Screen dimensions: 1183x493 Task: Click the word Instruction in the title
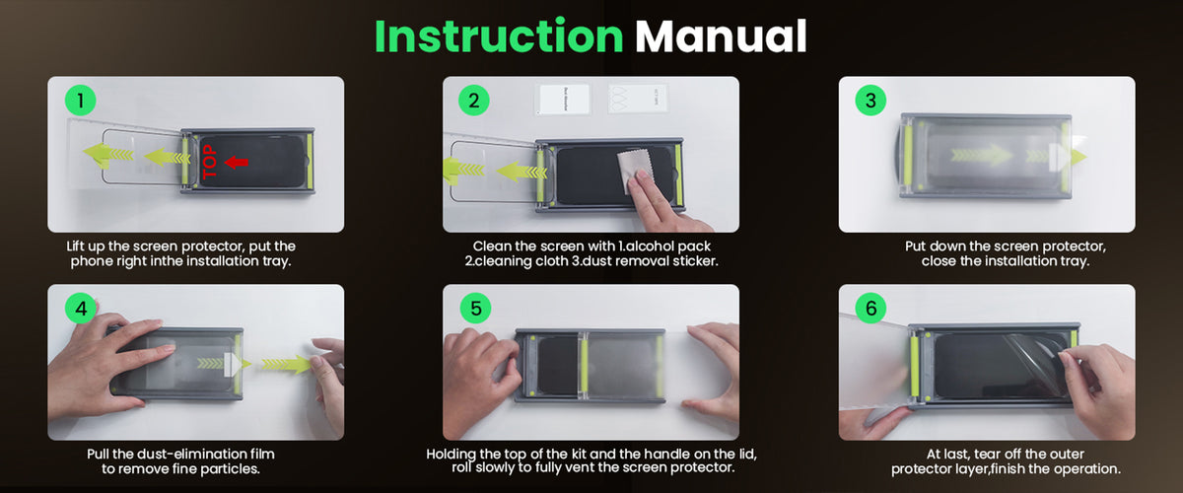point(499,35)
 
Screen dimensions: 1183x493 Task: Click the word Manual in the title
point(721,35)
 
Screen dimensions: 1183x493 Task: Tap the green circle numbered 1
point(80,101)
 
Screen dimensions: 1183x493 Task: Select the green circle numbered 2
point(474,101)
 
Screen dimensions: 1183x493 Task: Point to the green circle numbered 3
point(870,101)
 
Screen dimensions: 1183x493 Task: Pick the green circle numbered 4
point(81,308)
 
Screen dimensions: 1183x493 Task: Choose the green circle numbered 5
point(475,308)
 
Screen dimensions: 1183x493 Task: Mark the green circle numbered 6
point(870,308)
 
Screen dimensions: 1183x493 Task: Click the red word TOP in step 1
point(210,162)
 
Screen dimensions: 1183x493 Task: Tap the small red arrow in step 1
point(236,163)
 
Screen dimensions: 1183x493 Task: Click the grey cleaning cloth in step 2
point(636,168)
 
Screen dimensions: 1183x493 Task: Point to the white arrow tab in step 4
point(233,365)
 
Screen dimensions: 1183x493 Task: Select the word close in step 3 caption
point(939,261)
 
